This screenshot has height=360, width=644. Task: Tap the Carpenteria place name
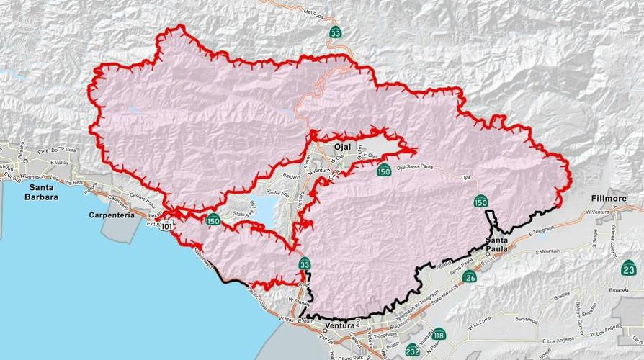[113, 215]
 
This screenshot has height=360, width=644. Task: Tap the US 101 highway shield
[168, 226]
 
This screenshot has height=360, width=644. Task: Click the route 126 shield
[470, 276]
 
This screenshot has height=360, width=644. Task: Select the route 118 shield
[439, 335]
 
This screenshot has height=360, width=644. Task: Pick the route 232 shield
[412, 351]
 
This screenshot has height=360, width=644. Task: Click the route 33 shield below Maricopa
[336, 32]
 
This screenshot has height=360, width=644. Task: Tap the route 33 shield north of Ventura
[305, 264]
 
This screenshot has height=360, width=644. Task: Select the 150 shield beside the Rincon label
[213, 220]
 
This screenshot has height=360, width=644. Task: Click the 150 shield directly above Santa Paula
[480, 202]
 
